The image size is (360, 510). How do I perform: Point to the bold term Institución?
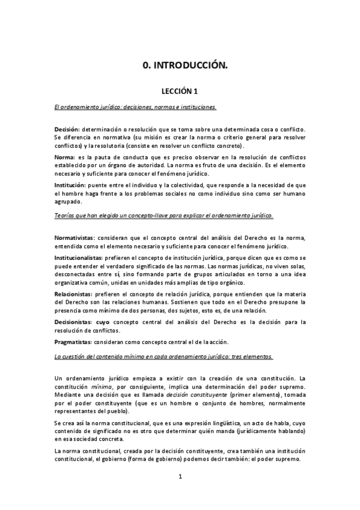pyautogui.click(x=70, y=185)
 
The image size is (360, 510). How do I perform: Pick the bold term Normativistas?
pyautogui.click(x=76, y=238)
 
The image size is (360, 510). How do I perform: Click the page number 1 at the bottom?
pyautogui.click(x=180, y=477)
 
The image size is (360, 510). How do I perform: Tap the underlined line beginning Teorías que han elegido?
pyautogui.click(x=164, y=215)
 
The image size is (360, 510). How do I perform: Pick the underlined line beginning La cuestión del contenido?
pyautogui.click(x=164, y=357)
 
